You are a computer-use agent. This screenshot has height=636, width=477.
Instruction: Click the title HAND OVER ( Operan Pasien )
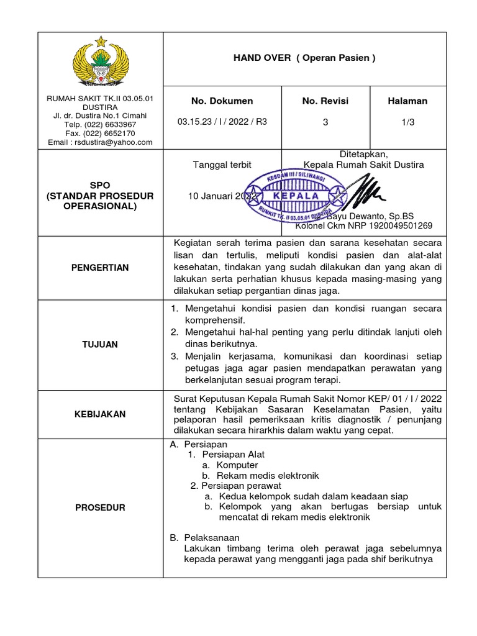(304, 58)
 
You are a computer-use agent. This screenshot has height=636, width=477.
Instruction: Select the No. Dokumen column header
(222, 101)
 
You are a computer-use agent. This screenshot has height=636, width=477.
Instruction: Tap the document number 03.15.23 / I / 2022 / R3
(222, 122)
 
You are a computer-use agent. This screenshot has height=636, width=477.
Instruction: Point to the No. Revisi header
(325, 101)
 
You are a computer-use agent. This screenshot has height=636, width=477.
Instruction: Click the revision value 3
(325, 122)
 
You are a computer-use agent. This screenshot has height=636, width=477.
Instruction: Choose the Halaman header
(407, 101)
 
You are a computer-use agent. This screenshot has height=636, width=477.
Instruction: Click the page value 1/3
(407, 122)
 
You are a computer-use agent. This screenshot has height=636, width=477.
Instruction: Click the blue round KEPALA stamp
(295, 196)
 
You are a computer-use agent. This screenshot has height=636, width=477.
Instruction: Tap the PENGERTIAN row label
(100, 267)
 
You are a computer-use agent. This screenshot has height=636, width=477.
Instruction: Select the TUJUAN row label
(100, 344)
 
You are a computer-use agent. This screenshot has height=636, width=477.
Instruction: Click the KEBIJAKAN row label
(100, 414)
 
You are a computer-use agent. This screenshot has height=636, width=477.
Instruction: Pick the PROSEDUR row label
(100, 507)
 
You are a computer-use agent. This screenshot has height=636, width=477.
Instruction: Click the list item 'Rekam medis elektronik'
(268, 475)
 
